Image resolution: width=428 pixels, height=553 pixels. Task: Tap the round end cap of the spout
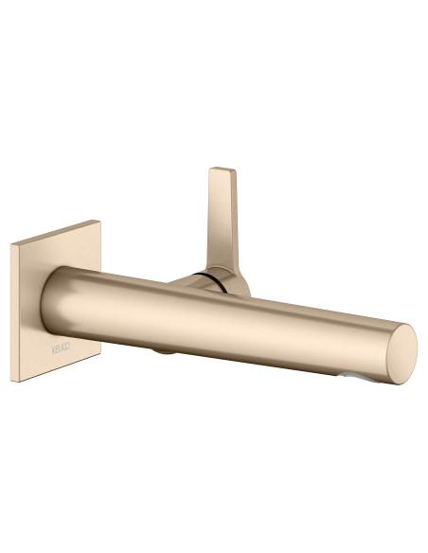401,351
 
